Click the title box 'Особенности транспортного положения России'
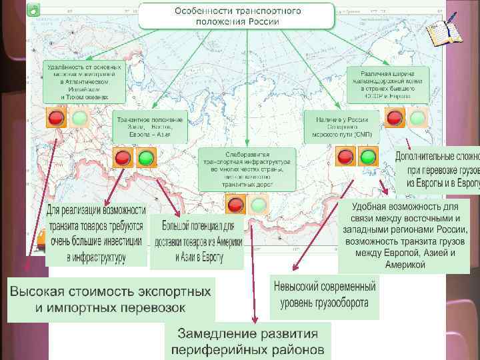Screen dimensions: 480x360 pos(237,16)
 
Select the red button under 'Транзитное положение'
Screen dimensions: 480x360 pos(123,158)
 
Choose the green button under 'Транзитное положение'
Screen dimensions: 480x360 pos(146,158)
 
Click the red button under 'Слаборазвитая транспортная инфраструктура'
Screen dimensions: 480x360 pos(235,203)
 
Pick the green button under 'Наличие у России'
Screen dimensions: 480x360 pos(368,157)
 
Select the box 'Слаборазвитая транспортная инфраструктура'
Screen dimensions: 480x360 pos(247,169)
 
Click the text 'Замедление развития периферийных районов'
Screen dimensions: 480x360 pos(248,341)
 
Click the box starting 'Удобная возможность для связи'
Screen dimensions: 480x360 pos(405,235)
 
